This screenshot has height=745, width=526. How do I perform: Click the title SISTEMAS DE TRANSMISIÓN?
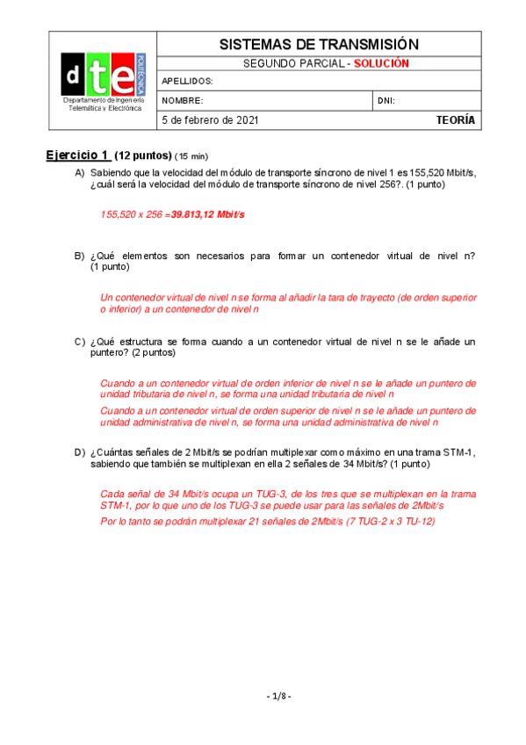318,44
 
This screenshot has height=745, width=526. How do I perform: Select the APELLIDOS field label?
188,82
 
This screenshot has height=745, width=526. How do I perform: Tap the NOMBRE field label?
183,101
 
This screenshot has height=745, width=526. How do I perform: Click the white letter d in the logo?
73,77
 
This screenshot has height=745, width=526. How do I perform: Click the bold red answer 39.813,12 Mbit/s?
207,214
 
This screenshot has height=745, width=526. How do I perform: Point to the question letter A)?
79,173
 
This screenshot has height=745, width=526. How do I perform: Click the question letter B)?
79,256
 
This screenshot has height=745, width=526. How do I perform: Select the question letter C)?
79,341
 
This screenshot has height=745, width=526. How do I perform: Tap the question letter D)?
79,452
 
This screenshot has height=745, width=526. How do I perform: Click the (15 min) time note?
191,156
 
